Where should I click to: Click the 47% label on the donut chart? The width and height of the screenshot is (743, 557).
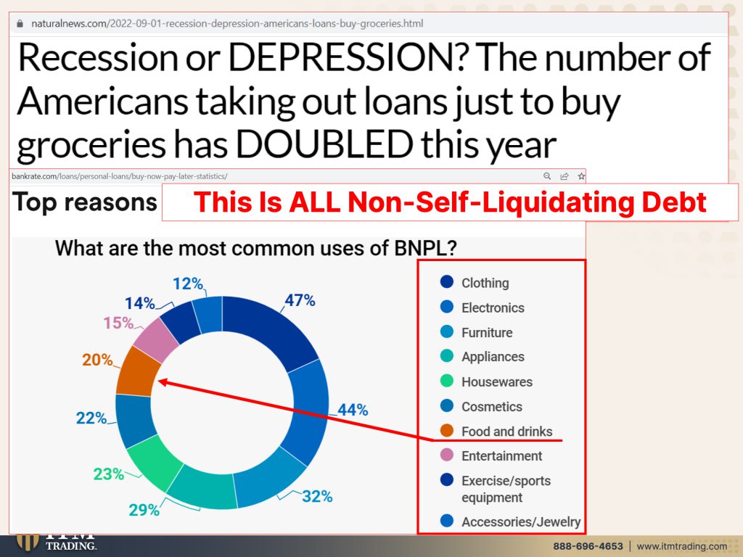pyautogui.click(x=300, y=300)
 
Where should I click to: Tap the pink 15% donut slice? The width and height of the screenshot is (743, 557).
pyautogui.click(x=156, y=340)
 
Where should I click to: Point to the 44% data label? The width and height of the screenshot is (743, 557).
pyautogui.click(x=353, y=410)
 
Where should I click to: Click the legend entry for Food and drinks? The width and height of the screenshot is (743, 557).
pyautogui.click(x=496, y=431)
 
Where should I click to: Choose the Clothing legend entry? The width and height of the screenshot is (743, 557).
pyautogui.click(x=475, y=283)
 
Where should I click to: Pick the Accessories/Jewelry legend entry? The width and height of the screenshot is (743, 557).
pyautogui.click(x=510, y=521)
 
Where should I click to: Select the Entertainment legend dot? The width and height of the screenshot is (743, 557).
pyautogui.click(x=447, y=455)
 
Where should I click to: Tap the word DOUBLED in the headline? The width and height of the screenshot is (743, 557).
pyautogui.click(x=324, y=144)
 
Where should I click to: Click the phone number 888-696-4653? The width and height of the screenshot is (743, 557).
pyautogui.click(x=588, y=546)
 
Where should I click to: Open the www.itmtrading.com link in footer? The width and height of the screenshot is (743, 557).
pyautogui.click(x=682, y=546)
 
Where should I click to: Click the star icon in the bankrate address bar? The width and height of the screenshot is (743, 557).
pyautogui.click(x=581, y=176)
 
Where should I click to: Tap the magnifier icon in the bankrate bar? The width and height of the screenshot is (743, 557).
pyautogui.click(x=547, y=176)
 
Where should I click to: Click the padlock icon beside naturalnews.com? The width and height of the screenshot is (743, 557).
pyautogui.click(x=20, y=24)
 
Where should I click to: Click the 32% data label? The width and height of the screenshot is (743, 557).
pyautogui.click(x=317, y=496)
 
